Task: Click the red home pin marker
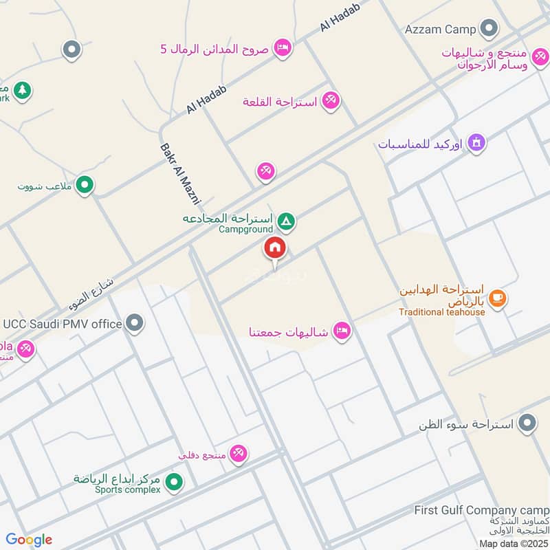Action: pyautogui.click(x=275, y=248)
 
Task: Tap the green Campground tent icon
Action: pyautogui.click(x=287, y=221)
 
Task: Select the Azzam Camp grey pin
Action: pyautogui.click(x=489, y=28)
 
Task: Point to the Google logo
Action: pyautogui.click(x=29, y=540)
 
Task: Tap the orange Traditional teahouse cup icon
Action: pyautogui.click(x=498, y=298)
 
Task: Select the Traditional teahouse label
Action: pyautogui.click(x=442, y=311)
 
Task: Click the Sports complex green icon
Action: pyautogui.click(x=175, y=483)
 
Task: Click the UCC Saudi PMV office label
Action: pyautogui.click(x=63, y=323)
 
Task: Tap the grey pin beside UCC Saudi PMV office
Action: pyautogui.click(x=135, y=322)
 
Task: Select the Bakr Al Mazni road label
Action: pyautogui.click(x=180, y=175)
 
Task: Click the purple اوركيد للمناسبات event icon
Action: pyautogui.click(x=476, y=143)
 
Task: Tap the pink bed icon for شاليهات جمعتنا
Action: pyautogui.click(x=341, y=331)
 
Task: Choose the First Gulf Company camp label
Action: pyautogui.click(x=481, y=510)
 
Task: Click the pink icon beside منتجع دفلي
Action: pyautogui.click(x=239, y=453)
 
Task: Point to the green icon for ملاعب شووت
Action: pyautogui.click(x=85, y=184)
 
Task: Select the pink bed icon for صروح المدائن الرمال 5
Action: pyautogui.click(x=282, y=47)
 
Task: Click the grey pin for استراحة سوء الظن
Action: pyautogui.click(x=527, y=422)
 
